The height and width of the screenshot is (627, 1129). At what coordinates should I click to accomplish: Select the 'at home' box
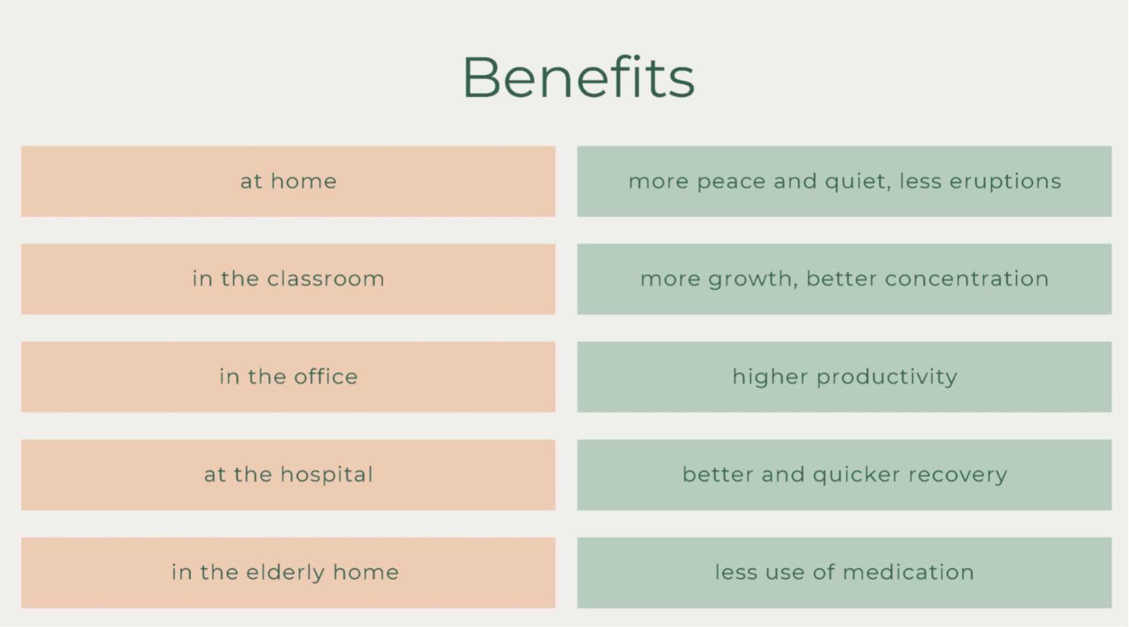tap(288, 181)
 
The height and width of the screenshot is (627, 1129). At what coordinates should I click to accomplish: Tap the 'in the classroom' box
tap(288, 279)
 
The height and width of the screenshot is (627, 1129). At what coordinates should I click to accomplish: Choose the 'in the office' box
tap(288, 377)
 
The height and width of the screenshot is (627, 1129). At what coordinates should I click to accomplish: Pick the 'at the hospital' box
tap(288, 475)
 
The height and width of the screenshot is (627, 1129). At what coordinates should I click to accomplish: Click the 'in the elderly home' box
tap(288, 572)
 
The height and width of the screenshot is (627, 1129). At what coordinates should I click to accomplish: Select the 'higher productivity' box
tap(845, 377)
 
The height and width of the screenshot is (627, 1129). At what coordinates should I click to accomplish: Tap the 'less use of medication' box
tap(845, 572)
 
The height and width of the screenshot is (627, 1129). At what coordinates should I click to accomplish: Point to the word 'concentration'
tap(967, 279)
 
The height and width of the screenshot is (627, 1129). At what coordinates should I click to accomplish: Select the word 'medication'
tap(908, 572)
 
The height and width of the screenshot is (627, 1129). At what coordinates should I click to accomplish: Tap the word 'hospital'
tap(327, 475)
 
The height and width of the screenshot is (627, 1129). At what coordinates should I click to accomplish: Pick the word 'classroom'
tap(326, 279)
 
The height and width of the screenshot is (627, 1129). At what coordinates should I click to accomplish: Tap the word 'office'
tap(326, 377)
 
